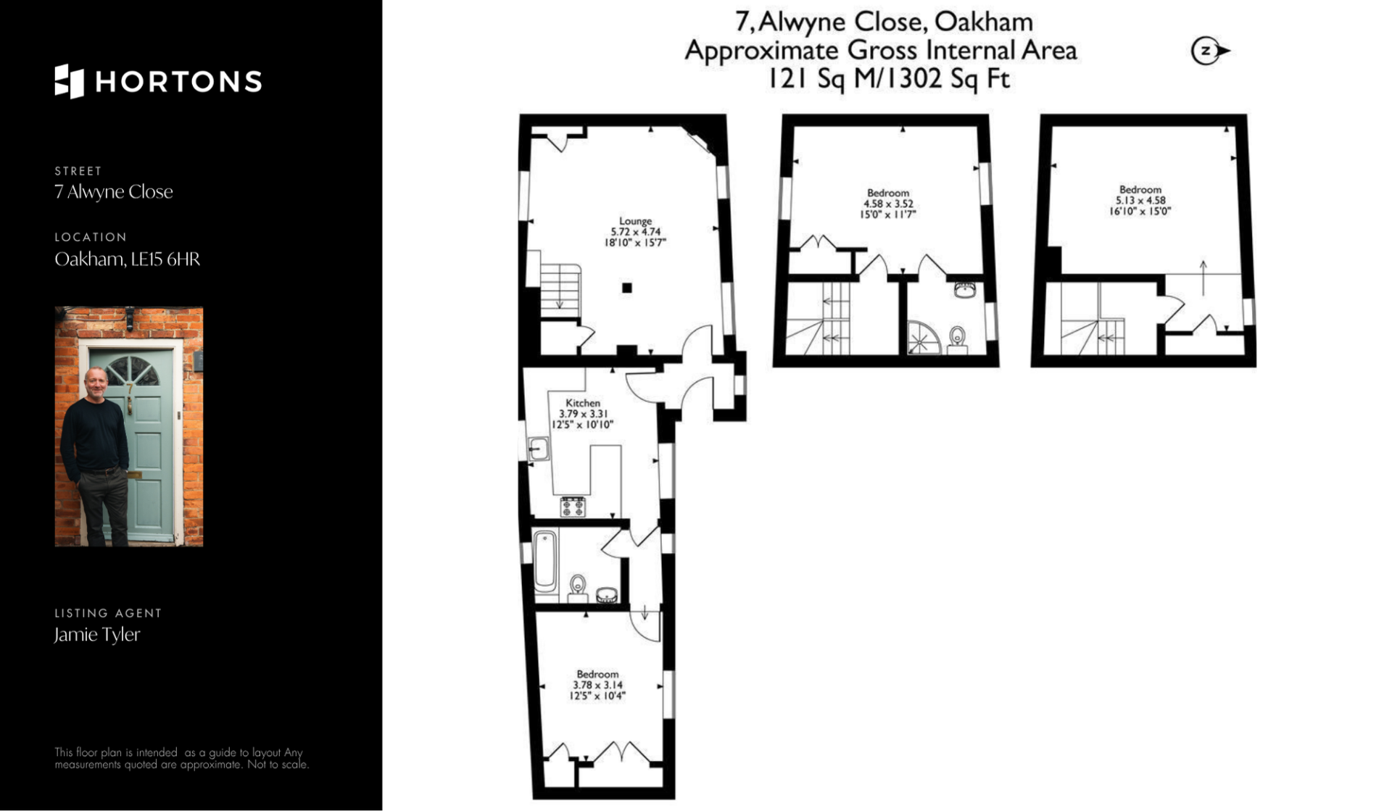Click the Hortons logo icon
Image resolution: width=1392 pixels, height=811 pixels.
point(69,81)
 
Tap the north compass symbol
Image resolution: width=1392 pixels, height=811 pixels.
point(1210,51)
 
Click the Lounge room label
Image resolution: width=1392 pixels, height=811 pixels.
point(635,221)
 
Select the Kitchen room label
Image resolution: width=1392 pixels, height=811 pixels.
point(583,403)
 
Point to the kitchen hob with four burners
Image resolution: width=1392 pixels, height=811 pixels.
point(573,506)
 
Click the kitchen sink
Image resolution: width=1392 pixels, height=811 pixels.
point(538,449)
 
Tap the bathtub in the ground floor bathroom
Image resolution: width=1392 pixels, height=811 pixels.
point(545,562)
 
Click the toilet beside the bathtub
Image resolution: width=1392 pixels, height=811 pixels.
point(578,588)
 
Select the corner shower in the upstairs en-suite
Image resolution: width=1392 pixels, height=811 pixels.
point(923,338)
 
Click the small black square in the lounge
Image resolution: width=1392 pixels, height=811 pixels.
point(627,288)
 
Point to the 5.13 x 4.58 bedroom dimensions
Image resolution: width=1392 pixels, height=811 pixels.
point(1140,201)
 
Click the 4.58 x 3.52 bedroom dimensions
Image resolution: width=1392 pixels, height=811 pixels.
point(888,204)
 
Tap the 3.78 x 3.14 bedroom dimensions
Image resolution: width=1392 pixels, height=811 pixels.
point(597,685)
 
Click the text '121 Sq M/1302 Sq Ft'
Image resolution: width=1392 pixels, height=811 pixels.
point(889,78)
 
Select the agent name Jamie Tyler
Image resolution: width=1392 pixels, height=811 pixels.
point(97,635)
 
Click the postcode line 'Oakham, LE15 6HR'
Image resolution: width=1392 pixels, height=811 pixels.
point(128,259)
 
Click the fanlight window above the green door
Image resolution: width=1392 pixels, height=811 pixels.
point(132,373)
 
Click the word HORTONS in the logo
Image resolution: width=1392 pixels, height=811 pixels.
point(179,82)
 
